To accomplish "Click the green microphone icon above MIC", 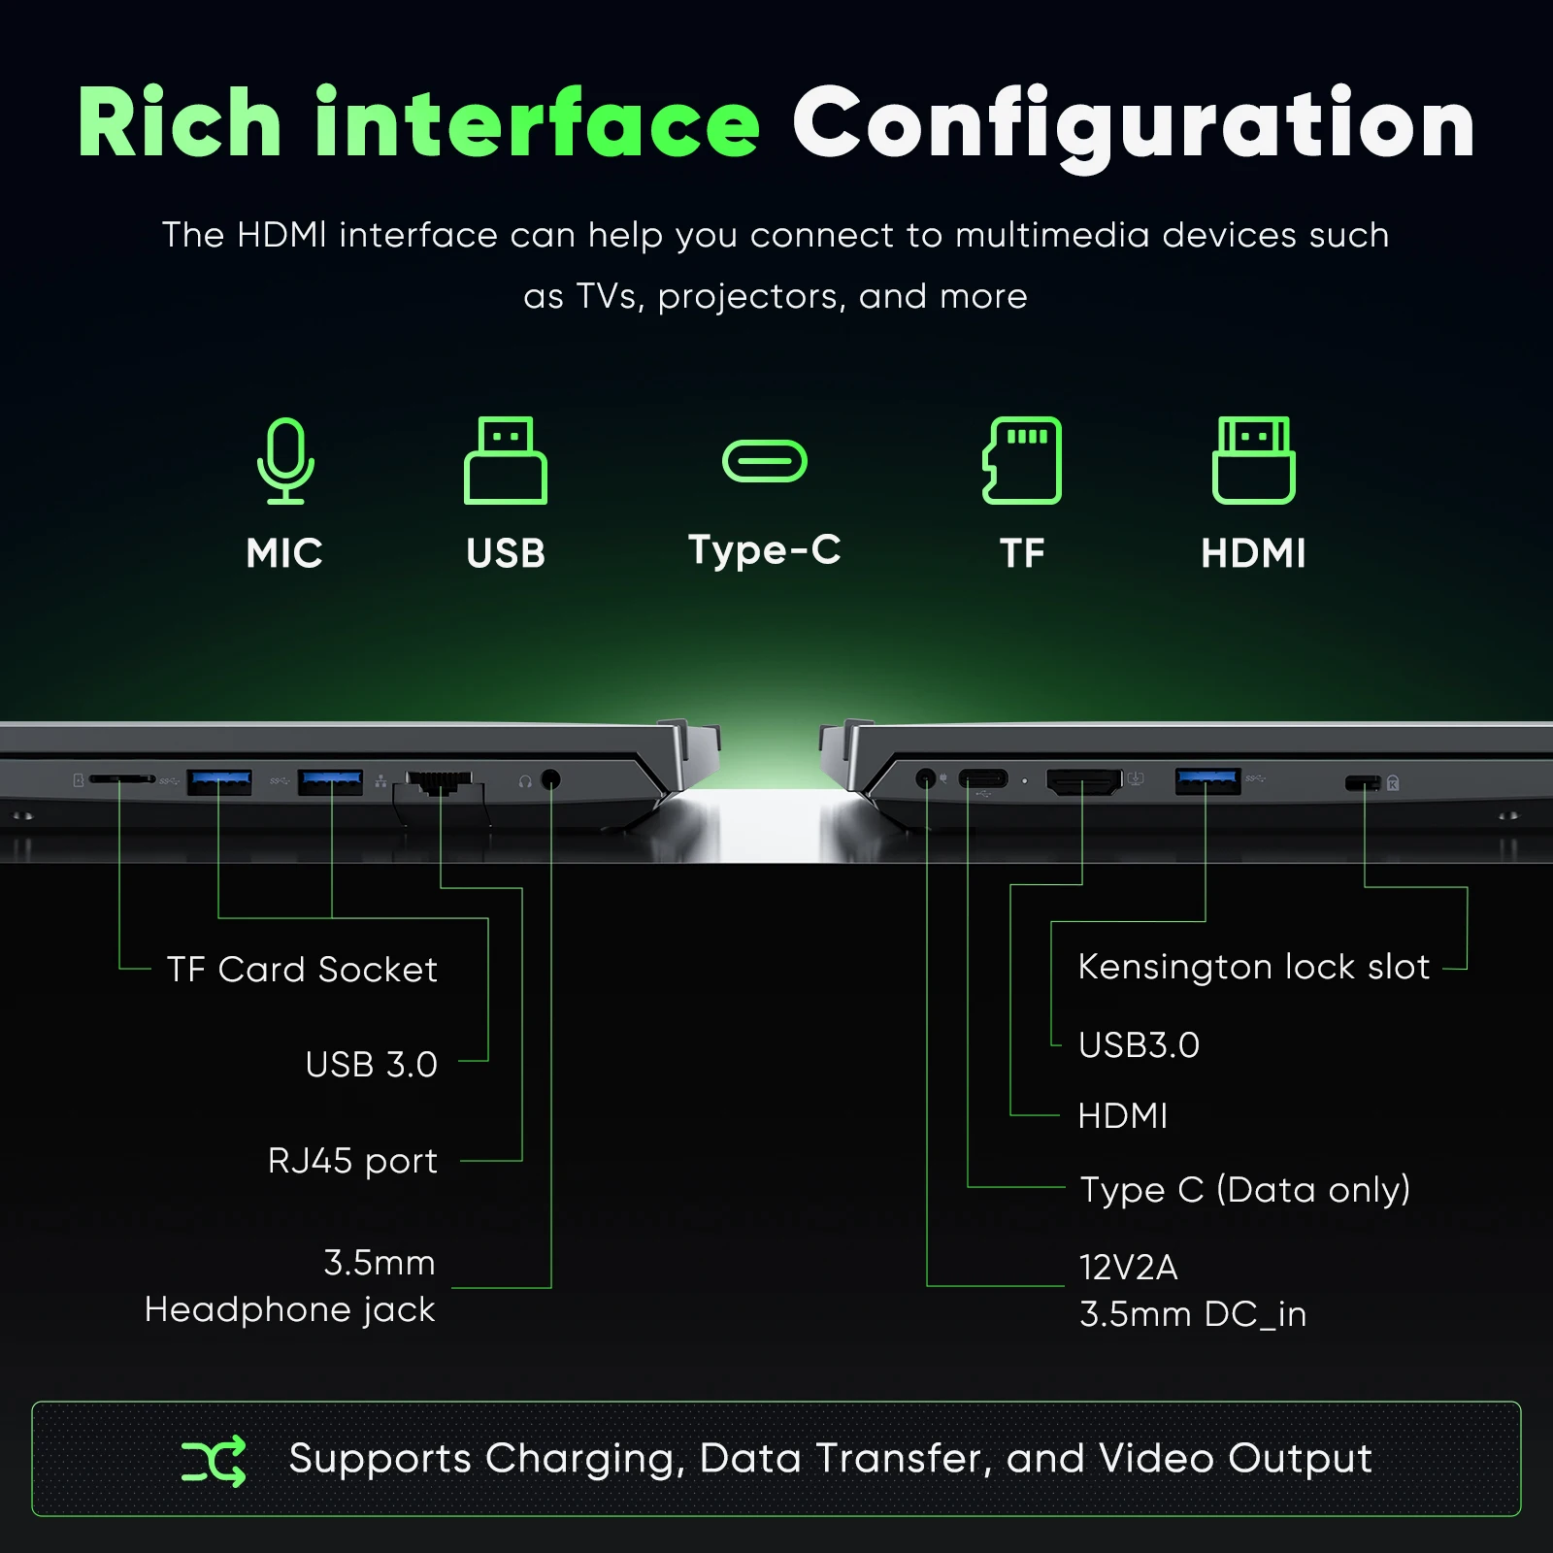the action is tap(285, 460).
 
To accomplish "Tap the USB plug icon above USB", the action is tap(505, 460).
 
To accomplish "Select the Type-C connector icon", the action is tap(765, 461).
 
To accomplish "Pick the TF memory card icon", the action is tap(1022, 460).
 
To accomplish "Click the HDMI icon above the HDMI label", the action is tap(1253, 460).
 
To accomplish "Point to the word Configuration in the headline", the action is tap(1134, 126).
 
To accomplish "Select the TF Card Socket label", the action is tap(302, 970).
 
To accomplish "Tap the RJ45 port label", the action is tap(352, 1162).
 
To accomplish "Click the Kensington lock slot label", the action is tap(1254, 968).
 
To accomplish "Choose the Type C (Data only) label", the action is tap(1245, 1190).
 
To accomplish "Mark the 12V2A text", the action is tap(1128, 1268).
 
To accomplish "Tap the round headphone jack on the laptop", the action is tap(550, 779).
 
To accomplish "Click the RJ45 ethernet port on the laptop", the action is tap(440, 782).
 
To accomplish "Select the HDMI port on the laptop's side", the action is tap(1083, 780).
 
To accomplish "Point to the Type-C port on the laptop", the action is tap(983, 778).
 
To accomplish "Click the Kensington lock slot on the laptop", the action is tap(1363, 782).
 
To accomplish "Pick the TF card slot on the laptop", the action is tap(121, 778).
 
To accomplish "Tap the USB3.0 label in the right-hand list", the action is tap(1140, 1045).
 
